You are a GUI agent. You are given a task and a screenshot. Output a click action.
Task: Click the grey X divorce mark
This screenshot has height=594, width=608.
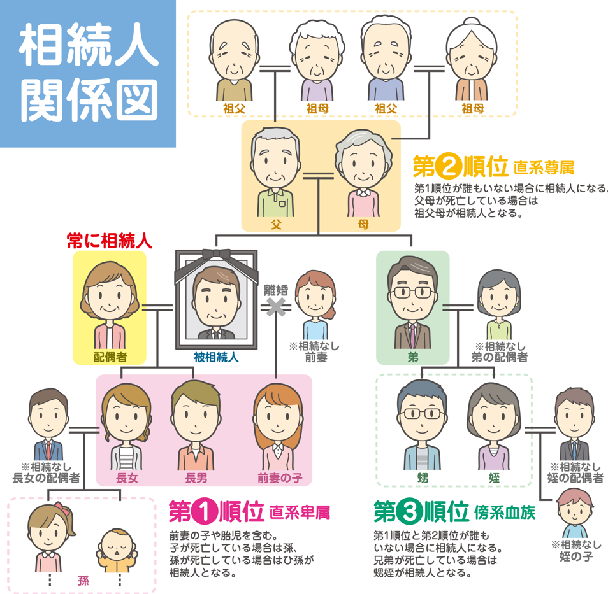(276, 307)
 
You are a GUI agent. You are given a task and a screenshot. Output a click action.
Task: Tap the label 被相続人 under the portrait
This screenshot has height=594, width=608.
(216, 357)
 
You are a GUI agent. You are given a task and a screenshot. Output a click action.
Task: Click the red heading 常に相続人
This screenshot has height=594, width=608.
(110, 241)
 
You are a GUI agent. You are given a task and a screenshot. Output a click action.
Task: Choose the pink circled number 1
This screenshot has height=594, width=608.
(205, 512)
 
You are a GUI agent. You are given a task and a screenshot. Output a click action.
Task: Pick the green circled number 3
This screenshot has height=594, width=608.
(409, 512)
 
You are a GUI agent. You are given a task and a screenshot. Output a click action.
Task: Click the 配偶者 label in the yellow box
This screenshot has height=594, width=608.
(110, 357)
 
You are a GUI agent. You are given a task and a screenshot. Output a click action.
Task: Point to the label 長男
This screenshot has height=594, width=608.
(196, 477)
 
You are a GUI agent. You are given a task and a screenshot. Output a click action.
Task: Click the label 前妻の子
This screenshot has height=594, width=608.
(280, 477)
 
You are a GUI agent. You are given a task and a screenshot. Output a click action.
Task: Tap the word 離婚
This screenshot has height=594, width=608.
(276, 290)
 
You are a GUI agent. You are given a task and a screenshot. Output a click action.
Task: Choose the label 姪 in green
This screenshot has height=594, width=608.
(494, 477)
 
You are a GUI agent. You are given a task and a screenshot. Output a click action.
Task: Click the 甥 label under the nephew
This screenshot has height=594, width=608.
(423, 477)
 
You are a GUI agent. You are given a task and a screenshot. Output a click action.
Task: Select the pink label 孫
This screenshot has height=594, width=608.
(83, 581)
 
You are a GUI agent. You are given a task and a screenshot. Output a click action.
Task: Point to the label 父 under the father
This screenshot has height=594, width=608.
(276, 224)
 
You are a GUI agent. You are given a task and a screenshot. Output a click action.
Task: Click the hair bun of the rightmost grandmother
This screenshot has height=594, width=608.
(472, 22)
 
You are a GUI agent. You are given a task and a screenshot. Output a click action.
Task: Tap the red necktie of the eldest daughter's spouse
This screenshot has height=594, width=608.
(48, 450)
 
